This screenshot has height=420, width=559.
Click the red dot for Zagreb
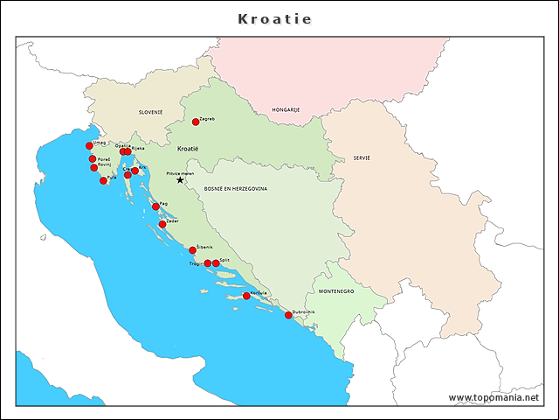pyautogui.click(x=196, y=122)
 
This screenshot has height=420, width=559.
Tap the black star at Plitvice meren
pyautogui.click(x=180, y=180)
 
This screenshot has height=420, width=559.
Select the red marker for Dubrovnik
pyautogui.click(x=288, y=315)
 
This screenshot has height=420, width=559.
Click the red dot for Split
pyautogui.click(x=216, y=262)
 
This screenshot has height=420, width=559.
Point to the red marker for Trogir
pyautogui.click(x=207, y=262)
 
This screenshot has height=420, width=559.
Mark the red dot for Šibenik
pyautogui.click(x=193, y=250)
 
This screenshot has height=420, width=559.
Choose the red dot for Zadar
pyautogui.click(x=162, y=224)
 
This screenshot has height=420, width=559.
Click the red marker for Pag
pyautogui.click(x=155, y=206)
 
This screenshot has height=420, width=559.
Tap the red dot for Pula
pyautogui.click(x=103, y=180)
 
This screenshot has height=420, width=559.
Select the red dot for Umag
pyautogui.click(x=89, y=146)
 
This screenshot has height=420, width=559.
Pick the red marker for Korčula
pyautogui.click(x=246, y=296)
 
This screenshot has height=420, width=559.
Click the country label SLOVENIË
pyautogui.click(x=150, y=112)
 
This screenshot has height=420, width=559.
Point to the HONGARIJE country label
pyautogui.click(x=286, y=109)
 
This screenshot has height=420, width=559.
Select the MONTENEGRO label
pyautogui.click(x=336, y=290)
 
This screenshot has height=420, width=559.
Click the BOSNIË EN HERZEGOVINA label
pyautogui.click(x=236, y=188)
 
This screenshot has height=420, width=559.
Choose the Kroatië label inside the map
pyautogui.click(x=188, y=149)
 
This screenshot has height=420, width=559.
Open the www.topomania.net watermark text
pyautogui.click(x=493, y=397)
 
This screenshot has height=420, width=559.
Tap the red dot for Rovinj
pyautogui.click(x=94, y=167)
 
